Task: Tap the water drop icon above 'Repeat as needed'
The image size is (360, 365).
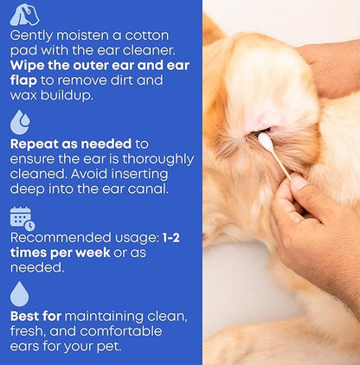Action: pyautogui.click(x=19, y=119)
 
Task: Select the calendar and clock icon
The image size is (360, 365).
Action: pyautogui.click(x=22, y=219)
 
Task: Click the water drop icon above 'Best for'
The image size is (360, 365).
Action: pyautogui.click(x=19, y=294)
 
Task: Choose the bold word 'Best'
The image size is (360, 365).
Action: pyautogui.click(x=27, y=317)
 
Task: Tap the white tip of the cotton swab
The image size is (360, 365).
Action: pyautogui.click(x=265, y=139)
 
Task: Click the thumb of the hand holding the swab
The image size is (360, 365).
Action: pyautogui.click(x=299, y=182)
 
